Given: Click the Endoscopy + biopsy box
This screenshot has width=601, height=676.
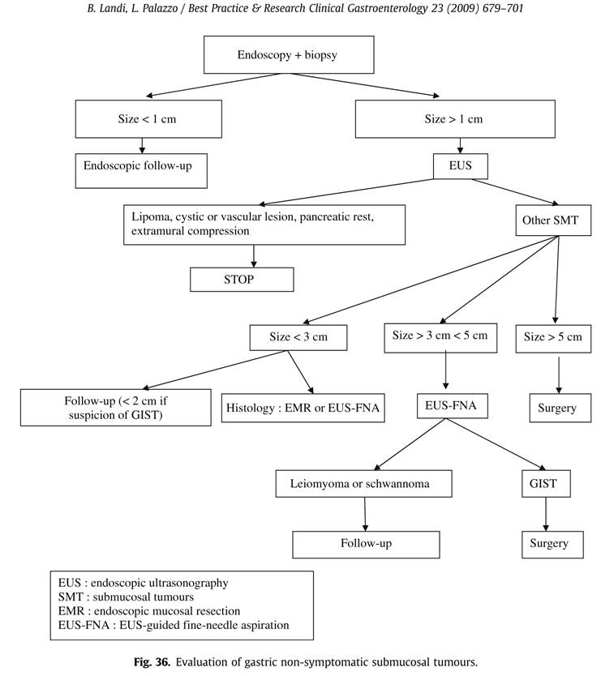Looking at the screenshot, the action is (289, 55).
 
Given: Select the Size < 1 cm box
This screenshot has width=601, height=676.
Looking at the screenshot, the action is (148, 119).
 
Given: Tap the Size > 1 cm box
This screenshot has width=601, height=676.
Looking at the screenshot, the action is (455, 119).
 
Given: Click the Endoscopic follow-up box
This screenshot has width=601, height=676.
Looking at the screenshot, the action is (141, 171).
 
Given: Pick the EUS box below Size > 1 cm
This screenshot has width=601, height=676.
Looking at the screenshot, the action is (461, 166).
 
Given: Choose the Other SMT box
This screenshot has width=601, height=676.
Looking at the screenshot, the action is (553, 220).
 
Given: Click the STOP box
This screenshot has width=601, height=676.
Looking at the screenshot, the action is (242, 280).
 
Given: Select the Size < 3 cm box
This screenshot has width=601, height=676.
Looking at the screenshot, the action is (298, 337).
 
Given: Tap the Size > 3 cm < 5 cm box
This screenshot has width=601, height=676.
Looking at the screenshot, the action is (440, 338).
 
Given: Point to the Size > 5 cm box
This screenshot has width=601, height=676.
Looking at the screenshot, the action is (553, 338).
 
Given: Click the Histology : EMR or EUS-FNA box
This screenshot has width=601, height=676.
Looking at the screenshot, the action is (303, 408).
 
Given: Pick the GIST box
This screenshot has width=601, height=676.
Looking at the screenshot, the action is (546, 484).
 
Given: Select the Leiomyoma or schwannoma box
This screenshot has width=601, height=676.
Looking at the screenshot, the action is (363, 484).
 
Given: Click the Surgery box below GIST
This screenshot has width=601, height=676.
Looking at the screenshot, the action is (552, 545).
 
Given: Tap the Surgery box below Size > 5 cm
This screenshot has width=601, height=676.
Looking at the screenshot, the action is (560, 408).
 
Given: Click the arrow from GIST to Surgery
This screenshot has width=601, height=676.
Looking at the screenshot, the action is (546, 515).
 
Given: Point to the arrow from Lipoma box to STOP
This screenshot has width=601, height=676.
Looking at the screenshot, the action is (254, 256).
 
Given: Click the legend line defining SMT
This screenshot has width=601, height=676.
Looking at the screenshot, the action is (126, 597).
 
